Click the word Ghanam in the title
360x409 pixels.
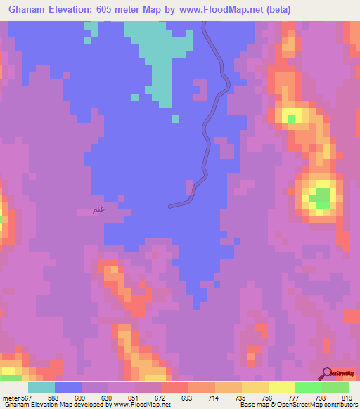[28, 9]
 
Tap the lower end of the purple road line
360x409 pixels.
[170, 206]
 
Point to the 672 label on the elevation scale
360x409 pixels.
[161, 398]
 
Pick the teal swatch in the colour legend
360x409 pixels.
[41, 387]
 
